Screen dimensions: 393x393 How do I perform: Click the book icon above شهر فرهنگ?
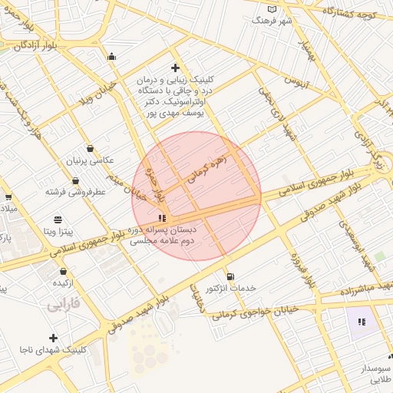[x=271, y=8]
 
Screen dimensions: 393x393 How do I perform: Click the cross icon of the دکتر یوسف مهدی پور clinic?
[x=176, y=68]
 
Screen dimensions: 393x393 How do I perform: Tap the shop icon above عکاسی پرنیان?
[x=91, y=148]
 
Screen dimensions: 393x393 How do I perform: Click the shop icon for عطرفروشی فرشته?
[x=75, y=181]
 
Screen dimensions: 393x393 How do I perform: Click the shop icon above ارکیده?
[x=63, y=271]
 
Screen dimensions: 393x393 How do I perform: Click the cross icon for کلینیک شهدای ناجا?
[x=53, y=338]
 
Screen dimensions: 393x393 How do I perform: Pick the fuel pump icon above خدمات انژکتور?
[x=230, y=276]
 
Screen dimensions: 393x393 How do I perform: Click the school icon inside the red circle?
[x=161, y=218]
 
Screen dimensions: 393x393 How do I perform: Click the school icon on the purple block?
[x=361, y=321]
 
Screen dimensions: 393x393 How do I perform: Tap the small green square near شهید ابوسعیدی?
[x=379, y=256]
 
